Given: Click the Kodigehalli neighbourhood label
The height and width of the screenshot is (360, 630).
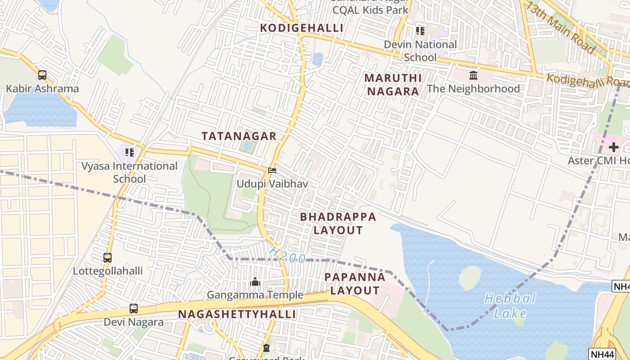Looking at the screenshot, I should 301,28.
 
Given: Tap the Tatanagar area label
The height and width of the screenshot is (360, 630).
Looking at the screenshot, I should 238,136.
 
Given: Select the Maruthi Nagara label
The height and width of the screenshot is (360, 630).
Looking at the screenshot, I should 392,85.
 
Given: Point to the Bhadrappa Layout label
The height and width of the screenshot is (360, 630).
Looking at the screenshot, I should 337,223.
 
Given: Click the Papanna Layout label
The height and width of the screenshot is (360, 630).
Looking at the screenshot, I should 355,283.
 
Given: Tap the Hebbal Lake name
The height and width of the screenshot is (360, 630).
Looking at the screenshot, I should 510,306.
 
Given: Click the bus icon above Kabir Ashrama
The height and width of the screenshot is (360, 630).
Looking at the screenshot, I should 42,75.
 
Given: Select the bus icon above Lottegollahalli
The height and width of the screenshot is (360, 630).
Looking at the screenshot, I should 107,258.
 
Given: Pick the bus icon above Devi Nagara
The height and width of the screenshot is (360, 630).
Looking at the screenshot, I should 134,309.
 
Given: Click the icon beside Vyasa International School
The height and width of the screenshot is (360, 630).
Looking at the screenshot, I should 130,153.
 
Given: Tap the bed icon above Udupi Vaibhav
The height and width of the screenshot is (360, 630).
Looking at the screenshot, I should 272,171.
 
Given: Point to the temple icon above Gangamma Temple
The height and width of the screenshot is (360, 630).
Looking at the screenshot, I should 255,282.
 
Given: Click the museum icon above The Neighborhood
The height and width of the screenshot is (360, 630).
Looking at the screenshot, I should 473,75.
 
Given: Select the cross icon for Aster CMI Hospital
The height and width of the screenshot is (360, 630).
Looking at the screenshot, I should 613,147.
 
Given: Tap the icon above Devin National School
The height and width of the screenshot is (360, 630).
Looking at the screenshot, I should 420,31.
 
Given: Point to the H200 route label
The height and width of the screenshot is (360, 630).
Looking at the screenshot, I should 288,255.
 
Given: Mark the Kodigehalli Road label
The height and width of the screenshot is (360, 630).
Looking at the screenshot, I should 587,81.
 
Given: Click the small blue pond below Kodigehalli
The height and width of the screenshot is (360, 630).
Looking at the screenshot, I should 318,59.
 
